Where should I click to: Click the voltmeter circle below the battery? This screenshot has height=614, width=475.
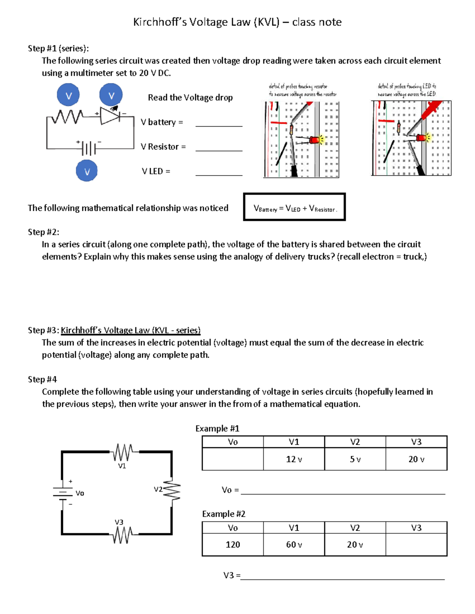pos(87,171)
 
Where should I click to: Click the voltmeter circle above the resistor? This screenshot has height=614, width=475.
pos(68,95)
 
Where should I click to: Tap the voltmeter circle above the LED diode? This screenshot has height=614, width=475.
pos(111,95)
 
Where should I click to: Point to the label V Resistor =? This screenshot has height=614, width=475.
pos(163,147)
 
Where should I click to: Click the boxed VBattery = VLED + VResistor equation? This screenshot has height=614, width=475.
pos(294,207)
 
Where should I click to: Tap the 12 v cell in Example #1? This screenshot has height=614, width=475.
pos(294,459)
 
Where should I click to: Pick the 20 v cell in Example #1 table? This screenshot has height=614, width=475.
pos(416,459)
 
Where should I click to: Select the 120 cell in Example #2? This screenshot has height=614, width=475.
pos(233,545)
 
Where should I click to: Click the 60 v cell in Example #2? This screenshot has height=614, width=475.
pos(294,545)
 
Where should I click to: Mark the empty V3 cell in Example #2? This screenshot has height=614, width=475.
pos(416,545)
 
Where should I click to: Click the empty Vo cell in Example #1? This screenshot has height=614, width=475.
pos(233,459)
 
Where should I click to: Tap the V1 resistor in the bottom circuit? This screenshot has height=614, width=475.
pos(123,452)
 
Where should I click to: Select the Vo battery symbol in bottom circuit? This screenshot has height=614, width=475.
pos(62,493)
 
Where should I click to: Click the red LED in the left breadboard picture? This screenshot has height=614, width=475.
pos(315,140)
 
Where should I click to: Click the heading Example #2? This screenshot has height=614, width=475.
pos(224,514)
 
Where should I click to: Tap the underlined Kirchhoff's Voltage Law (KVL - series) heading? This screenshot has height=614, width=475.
pos(131,330)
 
